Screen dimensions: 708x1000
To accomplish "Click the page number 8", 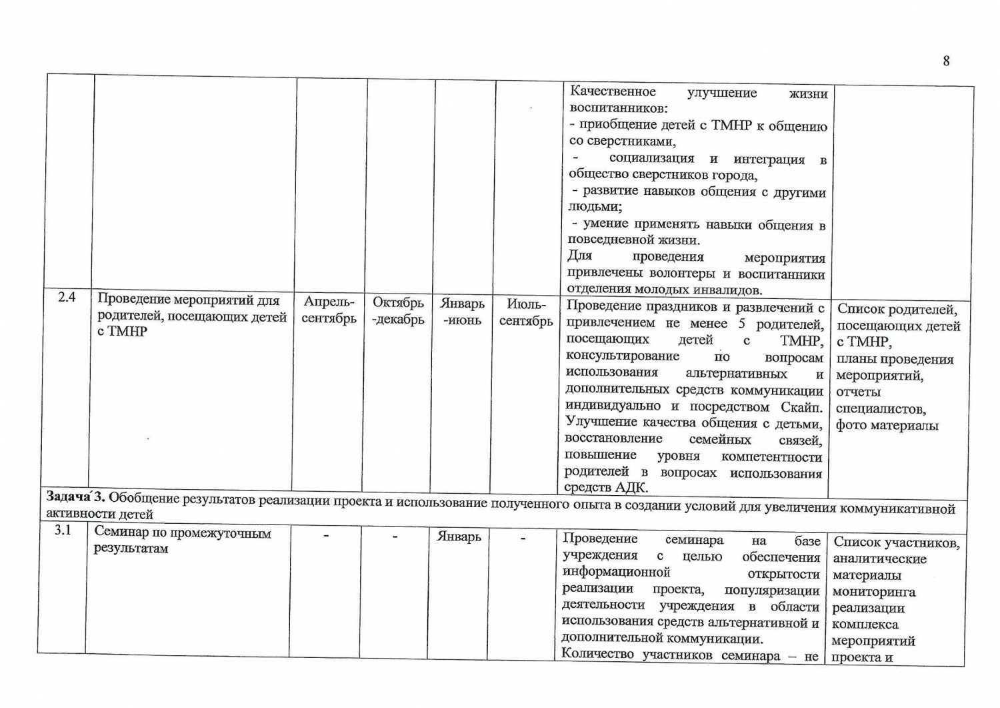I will coord(946,61).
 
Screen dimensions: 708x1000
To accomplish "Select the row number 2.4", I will coord(67,297).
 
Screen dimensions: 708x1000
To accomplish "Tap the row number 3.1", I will coord(63,530).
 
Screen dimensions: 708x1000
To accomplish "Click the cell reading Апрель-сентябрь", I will coord(329,310).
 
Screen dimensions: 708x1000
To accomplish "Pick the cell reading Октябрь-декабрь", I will coord(398,311).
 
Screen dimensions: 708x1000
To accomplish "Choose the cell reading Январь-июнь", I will coord(462,312).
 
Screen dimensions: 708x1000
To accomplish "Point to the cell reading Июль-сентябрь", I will coord(526,312).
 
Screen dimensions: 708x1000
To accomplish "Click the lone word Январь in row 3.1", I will coord(459,537).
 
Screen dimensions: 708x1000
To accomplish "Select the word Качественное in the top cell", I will coord(613,91).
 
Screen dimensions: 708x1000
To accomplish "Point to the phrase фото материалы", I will coord(887,425).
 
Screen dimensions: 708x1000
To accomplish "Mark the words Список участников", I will coord(896,543).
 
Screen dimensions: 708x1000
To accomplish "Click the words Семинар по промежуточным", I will coord(183,533).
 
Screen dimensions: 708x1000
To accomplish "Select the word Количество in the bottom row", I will coord(597,654).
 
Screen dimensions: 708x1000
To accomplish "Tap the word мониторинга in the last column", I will coord(873,591).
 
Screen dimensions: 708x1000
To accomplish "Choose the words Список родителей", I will coord(897,309).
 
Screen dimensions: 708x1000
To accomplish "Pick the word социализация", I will coord(651,158).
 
